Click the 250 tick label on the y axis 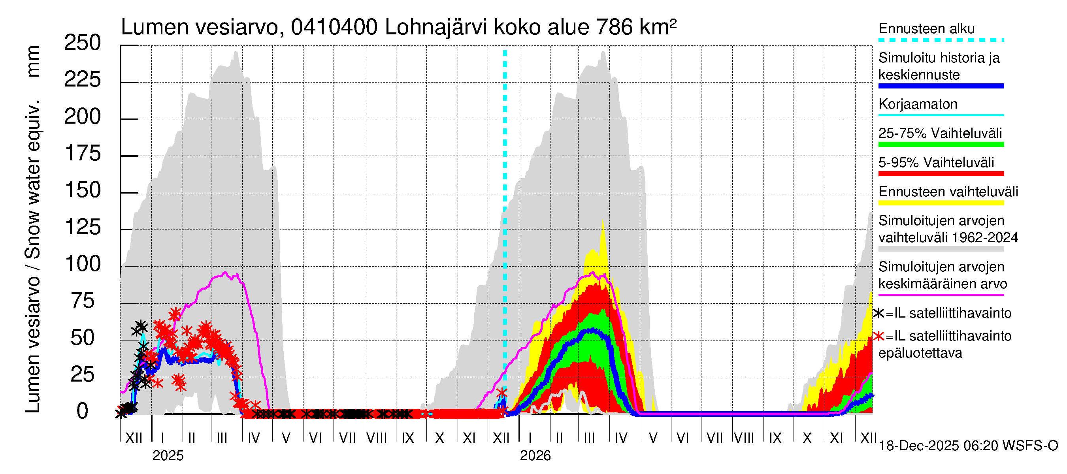point(83,43)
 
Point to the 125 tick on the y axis point(83,228)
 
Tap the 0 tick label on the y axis point(83,412)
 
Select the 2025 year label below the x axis point(168,456)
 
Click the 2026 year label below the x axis point(535,456)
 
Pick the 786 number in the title point(615,27)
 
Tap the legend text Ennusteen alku point(926,28)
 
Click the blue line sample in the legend point(941,86)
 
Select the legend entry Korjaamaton point(918,104)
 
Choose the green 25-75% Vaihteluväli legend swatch point(941,145)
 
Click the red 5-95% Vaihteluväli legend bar point(941,173)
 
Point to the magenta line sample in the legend point(941,295)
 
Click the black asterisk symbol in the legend point(878,313)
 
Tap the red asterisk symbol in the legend point(878,336)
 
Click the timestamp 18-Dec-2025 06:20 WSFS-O point(968,446)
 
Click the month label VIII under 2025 point(377,438)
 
